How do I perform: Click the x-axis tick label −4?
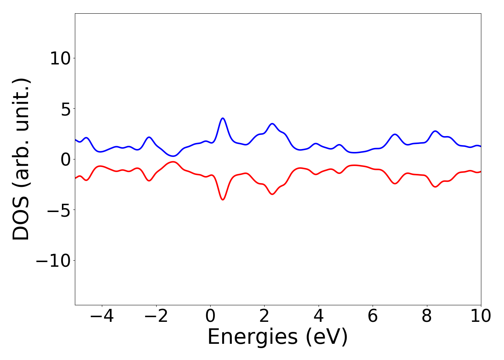(x=102, y=316)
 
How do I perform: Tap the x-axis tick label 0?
(x=210, y=316)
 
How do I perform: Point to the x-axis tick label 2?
(x=264, y=316)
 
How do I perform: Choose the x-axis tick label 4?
(x=319, y=316)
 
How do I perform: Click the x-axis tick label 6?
(x=373, y=316)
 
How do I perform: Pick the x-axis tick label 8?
(x=427, y=316)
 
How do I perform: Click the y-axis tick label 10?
(x=60, y=58)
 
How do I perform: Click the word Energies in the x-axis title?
(x=252, y=337)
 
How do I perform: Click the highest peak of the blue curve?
(x=223, y=118)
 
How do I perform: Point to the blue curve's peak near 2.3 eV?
(x=272, y=123)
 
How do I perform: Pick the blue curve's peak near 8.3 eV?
(x=435, y=131)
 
